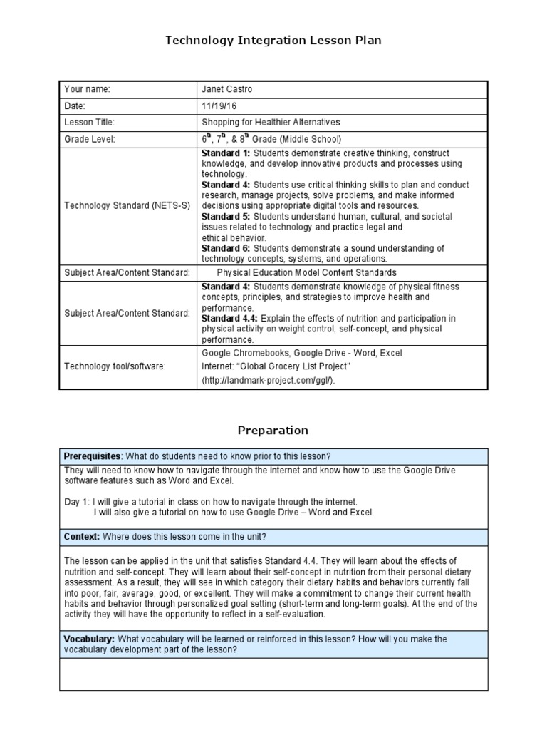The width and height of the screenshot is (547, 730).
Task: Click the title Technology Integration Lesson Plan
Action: (x=273, y=41)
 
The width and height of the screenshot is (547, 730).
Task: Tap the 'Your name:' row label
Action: (x=88, y=89)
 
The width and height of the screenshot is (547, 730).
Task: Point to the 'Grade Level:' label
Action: (x=90, y=139)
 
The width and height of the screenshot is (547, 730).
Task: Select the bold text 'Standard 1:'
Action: (x=226, y=153)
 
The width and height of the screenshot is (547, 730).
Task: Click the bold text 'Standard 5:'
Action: (x=226, y=216)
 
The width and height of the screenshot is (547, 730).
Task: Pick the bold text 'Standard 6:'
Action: (x=226, y=248)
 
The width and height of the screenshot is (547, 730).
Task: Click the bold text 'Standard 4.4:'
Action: (x=230, y=318)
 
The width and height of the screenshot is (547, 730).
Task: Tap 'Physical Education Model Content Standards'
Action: (x=306, y=272)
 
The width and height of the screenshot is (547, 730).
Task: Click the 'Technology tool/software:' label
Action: (x=115, y=366)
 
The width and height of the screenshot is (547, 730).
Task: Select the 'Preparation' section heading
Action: (x=273, y=430)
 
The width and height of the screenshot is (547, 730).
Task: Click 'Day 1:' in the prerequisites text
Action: (x=77, y=502)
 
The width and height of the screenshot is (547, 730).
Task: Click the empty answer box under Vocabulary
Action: (x=273, y=674)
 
